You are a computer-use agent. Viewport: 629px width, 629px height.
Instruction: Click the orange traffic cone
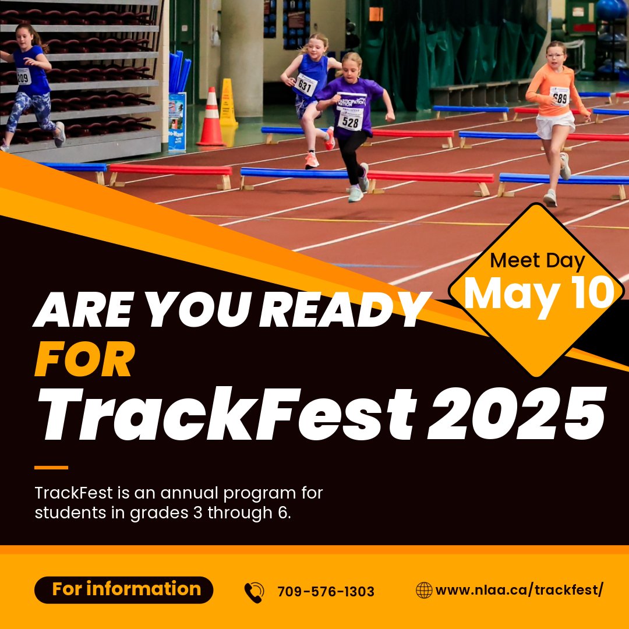click(211, 119)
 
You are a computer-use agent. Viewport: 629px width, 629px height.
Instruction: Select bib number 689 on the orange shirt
click(560, 96)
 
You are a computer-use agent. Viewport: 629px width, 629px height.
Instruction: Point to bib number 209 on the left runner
click(23, 76)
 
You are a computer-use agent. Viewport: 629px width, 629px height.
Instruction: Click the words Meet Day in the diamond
click(537, 261)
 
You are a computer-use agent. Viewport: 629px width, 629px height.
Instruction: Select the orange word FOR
click(84, 360)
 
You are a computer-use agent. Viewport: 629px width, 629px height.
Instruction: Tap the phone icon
click(254, 592)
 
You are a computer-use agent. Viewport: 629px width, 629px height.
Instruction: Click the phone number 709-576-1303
click(326, 592)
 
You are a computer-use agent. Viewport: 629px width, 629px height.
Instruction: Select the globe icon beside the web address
click(423, 590)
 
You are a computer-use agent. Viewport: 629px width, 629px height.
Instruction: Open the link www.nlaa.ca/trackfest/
click(519, 590)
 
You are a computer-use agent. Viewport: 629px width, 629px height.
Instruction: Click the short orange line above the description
click(51, 467)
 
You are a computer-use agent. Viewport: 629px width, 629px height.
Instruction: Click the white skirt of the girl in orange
click(554, 125)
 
